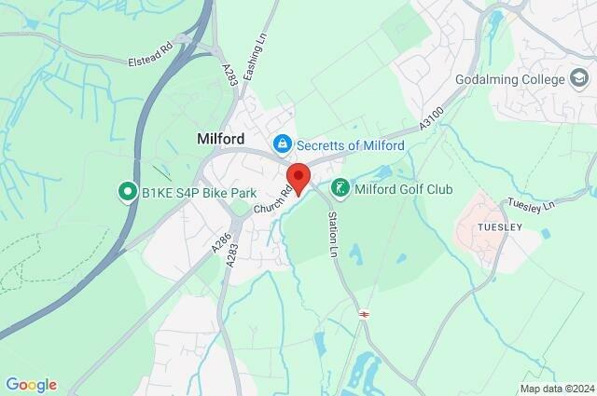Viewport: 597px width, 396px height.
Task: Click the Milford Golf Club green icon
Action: click(341, 189)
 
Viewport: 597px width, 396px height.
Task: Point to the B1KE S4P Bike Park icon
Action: click(126, 193)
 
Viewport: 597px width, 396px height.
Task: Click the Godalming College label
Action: click(509, 79)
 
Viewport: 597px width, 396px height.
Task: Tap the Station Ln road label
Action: click(332, 233)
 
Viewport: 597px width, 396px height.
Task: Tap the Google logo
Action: click(31, 385)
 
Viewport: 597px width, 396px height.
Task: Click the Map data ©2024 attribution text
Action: click(556, 389)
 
